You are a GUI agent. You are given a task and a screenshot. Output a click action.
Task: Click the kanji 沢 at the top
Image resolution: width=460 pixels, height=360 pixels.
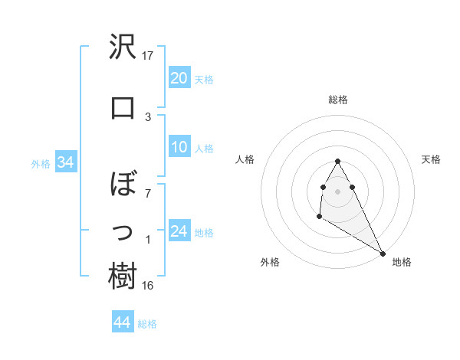pyautogui.click(x=123, y=48)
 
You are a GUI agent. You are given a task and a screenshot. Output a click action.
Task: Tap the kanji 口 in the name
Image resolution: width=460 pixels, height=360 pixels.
pyautogui.click(x=123, y=107)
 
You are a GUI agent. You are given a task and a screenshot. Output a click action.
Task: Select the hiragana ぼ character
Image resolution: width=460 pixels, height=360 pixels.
pyautogui.click(x=123, y=186)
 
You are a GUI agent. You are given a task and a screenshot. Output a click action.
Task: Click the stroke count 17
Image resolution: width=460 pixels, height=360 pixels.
pyautogui.click(x=148, y=56)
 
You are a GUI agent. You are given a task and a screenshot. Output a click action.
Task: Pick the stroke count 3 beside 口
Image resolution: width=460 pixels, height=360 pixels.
pyautogui.click(x=148, y=116)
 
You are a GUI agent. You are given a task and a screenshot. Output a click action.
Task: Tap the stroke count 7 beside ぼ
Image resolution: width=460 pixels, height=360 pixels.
pyautogui.click(x=148, y=193)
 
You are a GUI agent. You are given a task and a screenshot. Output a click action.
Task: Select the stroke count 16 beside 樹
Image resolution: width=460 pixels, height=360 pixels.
pyautogui.click(x=148, y=286)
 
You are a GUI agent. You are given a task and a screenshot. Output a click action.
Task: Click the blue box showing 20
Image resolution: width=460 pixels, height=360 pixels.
pyautogui.click(x=179, y=78)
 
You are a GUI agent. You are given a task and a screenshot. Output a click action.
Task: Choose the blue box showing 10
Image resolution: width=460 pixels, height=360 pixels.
pyautogui.click(x=179, y=147)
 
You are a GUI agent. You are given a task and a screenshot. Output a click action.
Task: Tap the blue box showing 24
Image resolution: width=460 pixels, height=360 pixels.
pyautogui.click(x=179, y=231)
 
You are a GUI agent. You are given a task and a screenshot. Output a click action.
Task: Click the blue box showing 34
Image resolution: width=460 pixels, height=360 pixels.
pyautogui.click(x=65, y=162)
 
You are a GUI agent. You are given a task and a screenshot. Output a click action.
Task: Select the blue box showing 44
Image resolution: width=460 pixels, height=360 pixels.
pyautogui.click(x=122, y=322)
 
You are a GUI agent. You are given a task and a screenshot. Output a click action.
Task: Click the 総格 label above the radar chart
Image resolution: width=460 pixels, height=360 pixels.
pyautogui.click(x=338, y=100)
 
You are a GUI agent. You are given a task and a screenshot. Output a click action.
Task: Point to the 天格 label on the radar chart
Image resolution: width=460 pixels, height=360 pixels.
pyautogui.click(x=432, y=159)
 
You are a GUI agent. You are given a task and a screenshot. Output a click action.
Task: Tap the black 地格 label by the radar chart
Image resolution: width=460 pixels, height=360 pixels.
pyautogui.click(x=402, y=262)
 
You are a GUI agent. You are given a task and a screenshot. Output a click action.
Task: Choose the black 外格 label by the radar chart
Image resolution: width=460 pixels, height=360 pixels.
pyautogui.click(x=270, y=262)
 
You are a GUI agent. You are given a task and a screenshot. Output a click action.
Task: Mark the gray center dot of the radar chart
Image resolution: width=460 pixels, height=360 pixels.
pyautogui.click(x=337, y=191)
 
